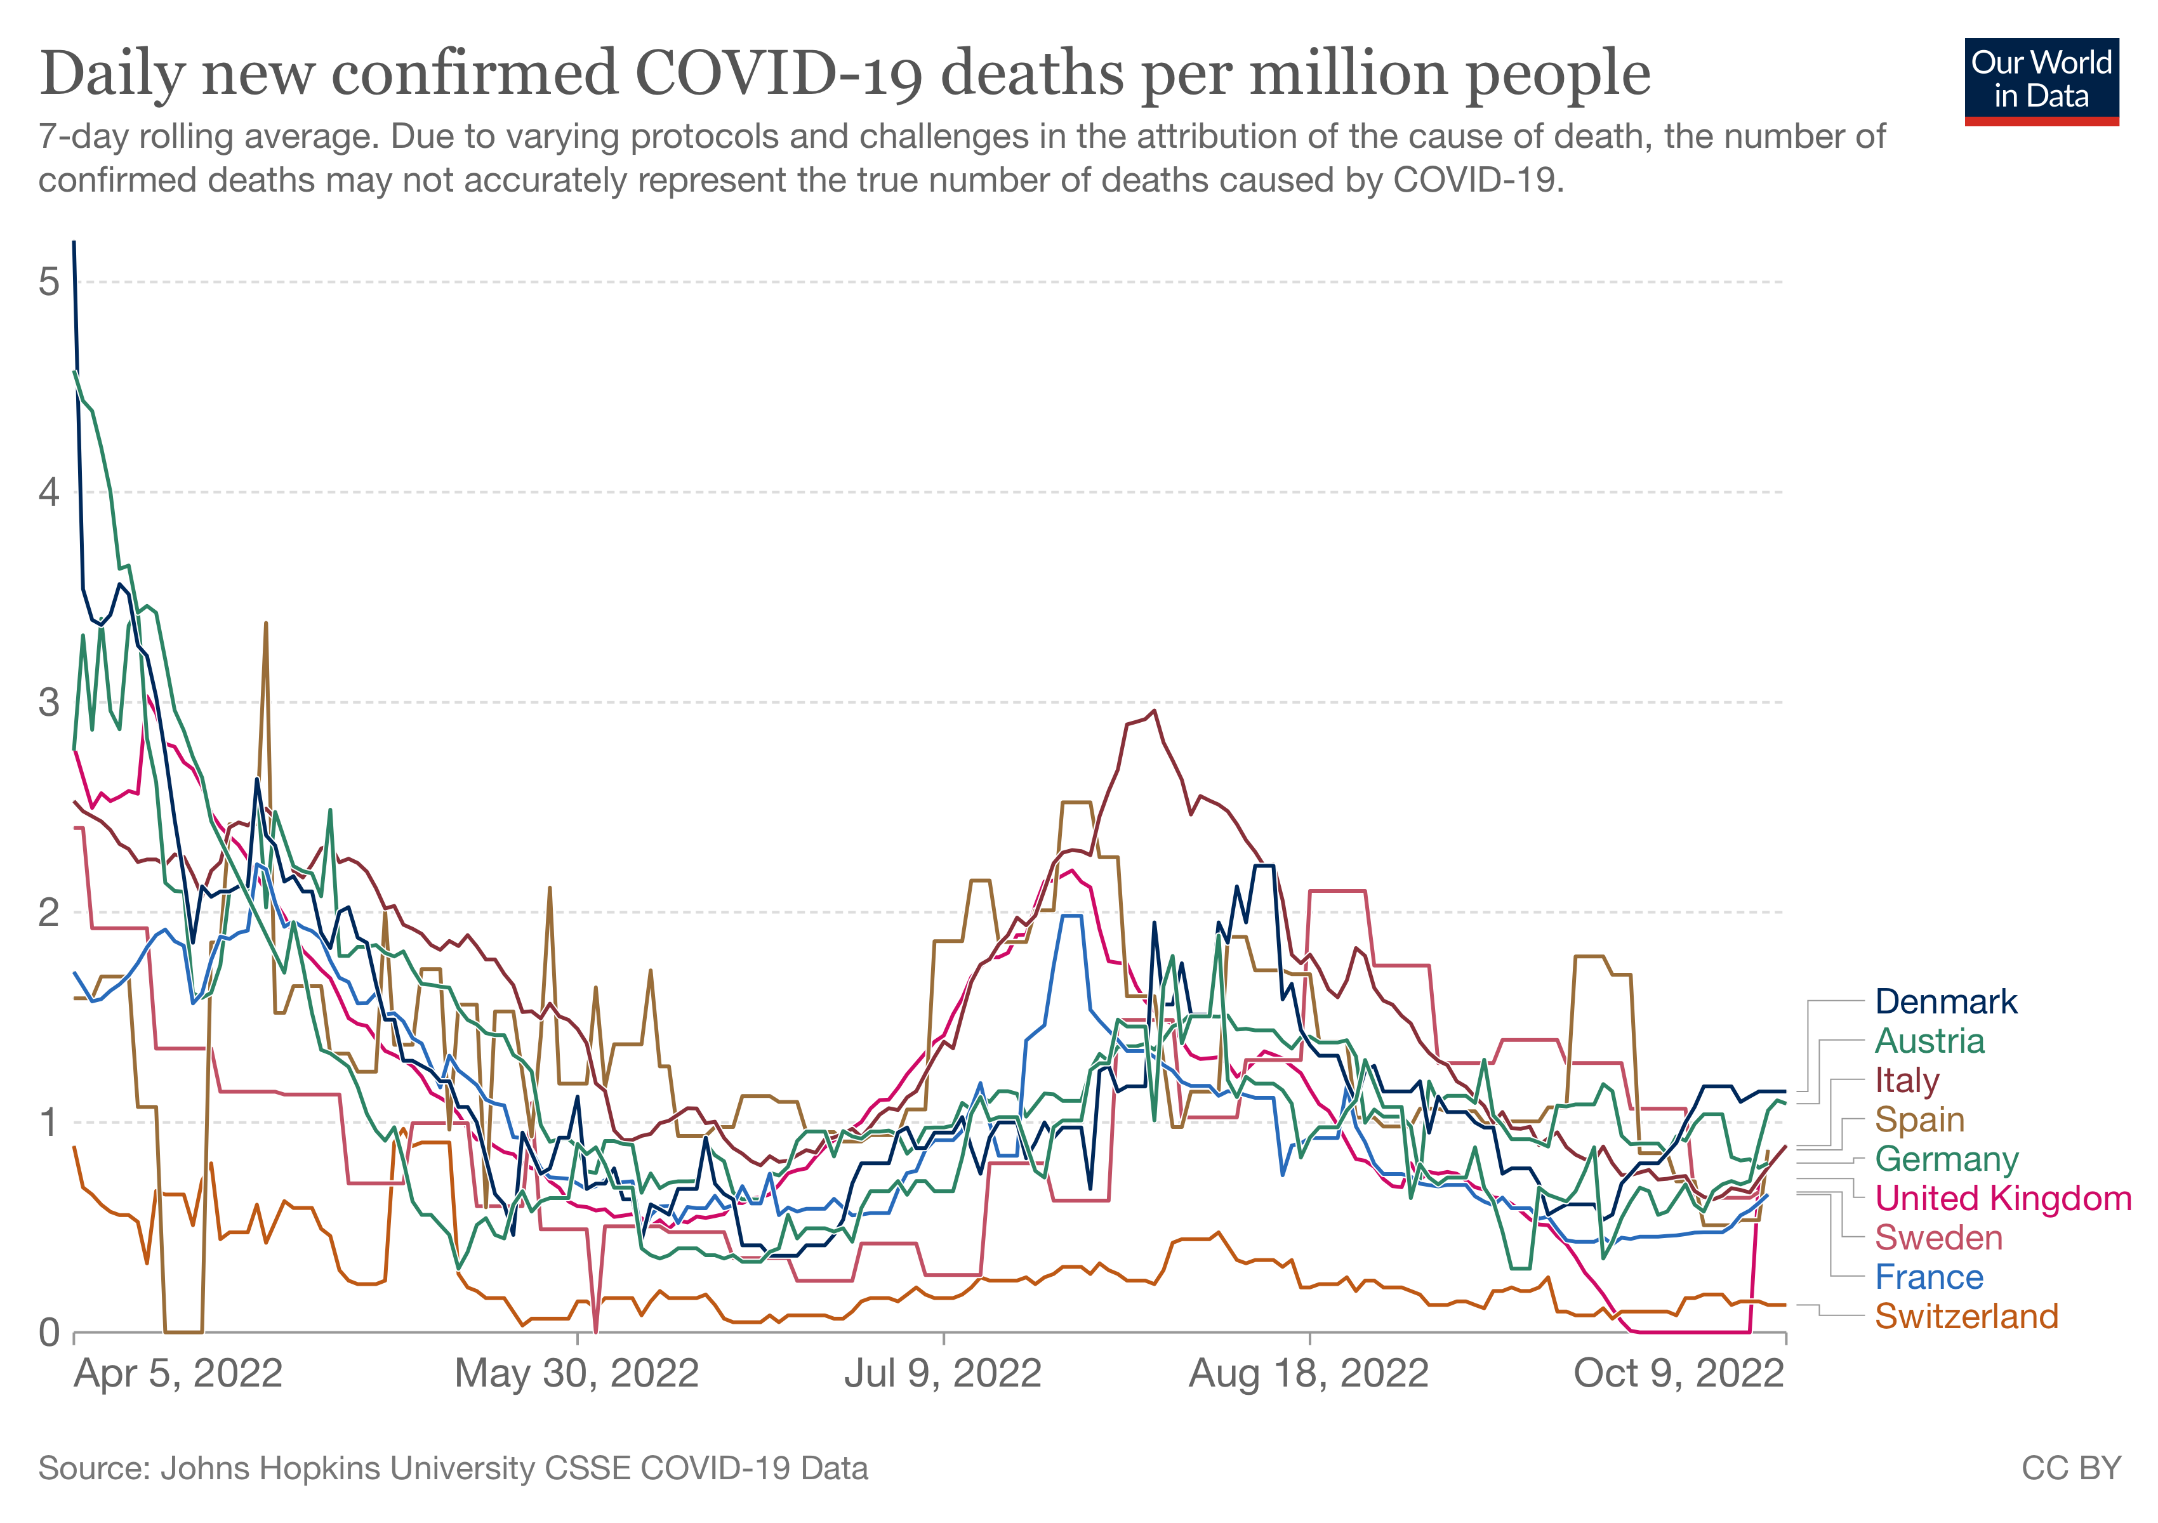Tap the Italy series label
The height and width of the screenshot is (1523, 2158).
click(x=1907, y=1081)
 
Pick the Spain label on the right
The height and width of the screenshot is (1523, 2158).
click(x=1919, y=1120)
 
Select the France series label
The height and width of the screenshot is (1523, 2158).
click(x=1929, y=1278)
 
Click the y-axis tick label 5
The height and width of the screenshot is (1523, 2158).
click(x=49, y=282)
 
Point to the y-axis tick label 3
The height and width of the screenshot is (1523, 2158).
click(x=49, y=702)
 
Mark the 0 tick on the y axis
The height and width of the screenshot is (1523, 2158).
click(x=49, y=1332)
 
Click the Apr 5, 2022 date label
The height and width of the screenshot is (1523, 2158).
click(x=178, y=1374)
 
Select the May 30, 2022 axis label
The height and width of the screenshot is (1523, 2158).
click(x=576, y=1374)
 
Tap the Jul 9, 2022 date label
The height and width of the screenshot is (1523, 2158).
click(x=943, y=1374)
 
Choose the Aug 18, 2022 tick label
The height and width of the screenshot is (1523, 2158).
click(x=1308, y=1374)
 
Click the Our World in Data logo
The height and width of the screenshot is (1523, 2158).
click(x=2041, y=81)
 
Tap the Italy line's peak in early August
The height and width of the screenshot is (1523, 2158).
click(x=1154, y=711)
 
